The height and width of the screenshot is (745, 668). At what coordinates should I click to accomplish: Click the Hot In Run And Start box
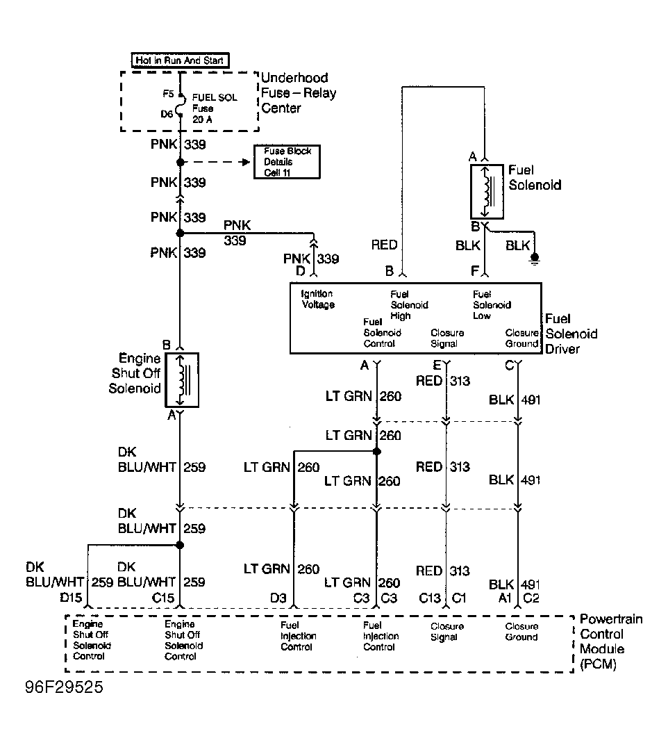pyautogui.click(x=180, y=60)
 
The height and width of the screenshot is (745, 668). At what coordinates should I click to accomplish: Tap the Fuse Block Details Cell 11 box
pyautogui.click(x=287, y=162)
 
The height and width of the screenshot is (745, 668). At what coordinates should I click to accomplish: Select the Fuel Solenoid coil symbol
pyautogui.click(x=487, y=191)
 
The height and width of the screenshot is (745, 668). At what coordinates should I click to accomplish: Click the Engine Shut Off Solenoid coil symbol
pyautogui.click(x=182, y=379)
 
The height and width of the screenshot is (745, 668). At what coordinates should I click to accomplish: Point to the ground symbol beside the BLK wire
pyautogui.click(x=535, y=259)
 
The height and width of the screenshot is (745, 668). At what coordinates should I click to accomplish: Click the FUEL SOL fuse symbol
pyautogui.click(x=179, y=104)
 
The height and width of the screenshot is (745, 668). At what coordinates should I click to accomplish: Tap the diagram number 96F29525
pyautogui.click(x=64, y=687)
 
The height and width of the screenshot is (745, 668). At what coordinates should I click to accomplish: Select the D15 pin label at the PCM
pyautogui.click(x=71, y=597)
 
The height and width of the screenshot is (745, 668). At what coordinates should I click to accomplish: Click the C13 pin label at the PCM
pyautogui.click(x=429, y=598)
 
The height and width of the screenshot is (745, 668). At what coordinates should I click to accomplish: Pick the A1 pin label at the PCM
pyautogui.click(x=504, y=598)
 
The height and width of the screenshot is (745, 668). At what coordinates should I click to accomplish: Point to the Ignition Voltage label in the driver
pyautogui.click(x=317, y=300)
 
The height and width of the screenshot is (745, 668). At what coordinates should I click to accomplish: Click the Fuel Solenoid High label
pyautogui.click(x=409, y=305)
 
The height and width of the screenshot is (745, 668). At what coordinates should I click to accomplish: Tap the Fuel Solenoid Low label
pyautogui.click(x=492, y=305)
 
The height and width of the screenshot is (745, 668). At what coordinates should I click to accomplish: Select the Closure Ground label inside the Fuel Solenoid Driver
pyautogui.click(x=521, y=338)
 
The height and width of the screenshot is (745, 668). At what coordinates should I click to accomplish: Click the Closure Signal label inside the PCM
pyautogui.click(x=446, y=632)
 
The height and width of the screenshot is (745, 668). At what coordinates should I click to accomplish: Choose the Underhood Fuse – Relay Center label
pyautogui.click(x=299, y=92)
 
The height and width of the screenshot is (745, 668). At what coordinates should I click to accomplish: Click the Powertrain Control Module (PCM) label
pyautogui.click(x=611, y=641)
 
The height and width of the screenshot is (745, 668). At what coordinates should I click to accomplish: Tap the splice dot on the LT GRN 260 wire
pyautogui.click(x=377, y=451)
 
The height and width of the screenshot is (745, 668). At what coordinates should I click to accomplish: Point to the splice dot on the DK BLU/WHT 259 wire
pyautogui.click(x=180, y=545)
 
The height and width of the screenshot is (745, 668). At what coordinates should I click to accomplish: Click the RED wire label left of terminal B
pyautogui.click(x=384, y=245)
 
